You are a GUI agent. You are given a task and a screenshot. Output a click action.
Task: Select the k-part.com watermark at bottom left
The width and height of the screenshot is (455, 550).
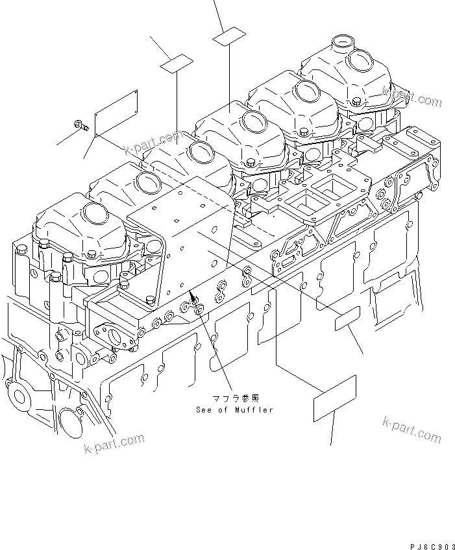click(114, 444)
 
